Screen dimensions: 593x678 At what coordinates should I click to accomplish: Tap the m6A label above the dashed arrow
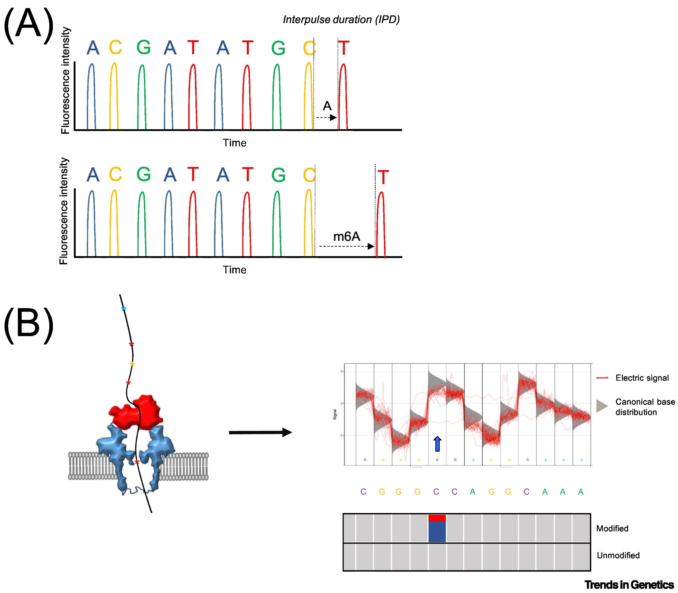[x=346, y=237]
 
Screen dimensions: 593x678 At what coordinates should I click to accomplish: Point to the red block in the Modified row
[x=437, y=518]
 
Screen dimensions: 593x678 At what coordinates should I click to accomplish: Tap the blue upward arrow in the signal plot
[x=437, y=444]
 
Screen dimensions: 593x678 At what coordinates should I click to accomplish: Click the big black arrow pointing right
[x=260, y=432]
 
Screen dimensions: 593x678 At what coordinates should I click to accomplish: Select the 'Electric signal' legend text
[x=642, y=378]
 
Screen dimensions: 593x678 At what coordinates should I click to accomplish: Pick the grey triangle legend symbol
[x=602, y=406]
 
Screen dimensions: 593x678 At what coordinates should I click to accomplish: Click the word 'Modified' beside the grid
[x=612, y=528]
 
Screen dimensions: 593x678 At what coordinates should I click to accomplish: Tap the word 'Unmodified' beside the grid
[x=618, y=555]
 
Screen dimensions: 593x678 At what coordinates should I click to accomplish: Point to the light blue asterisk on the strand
[x=123, y=309]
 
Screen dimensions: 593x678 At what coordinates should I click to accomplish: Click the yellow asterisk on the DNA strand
[x=132, y=364]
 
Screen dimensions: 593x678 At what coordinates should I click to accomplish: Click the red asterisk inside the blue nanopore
[x=137, y=462]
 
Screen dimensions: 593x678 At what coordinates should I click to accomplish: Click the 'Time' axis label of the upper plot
[x=234, y=143]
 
